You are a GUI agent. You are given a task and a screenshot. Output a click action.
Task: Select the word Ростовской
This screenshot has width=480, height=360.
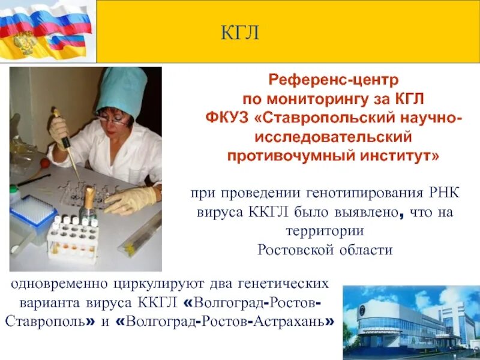click(x=292, y=250)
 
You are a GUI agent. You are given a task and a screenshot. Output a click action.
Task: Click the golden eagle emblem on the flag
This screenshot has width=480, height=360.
click(x=24, y=43)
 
